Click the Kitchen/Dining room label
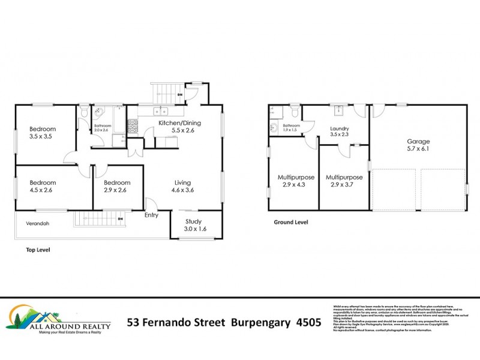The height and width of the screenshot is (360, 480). click(x=179, y=124)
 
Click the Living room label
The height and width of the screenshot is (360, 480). click(x=182, y=182)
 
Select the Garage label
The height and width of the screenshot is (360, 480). click(x=419, y=142)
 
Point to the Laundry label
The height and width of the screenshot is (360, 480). click(x=340, y=128)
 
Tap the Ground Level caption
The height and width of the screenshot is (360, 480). click(x=290, y=222)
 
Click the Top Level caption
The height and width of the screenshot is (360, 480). click(x=38, y=249)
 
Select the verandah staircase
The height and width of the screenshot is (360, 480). click(x=98, y=220)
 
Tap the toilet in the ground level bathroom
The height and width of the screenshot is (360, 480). click(x=295, y=112)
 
